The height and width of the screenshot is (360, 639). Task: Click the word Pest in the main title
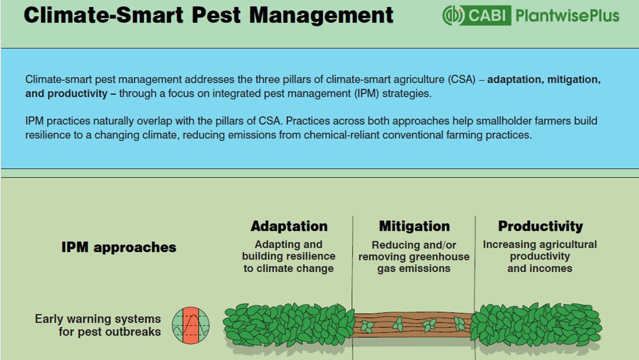click(216, 15)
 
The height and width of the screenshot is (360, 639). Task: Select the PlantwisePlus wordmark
click(567, 16)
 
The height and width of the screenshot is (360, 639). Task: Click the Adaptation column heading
click(289, 226)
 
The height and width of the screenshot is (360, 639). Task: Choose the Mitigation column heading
click(414, 226)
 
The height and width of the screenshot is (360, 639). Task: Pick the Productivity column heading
click(540, 226)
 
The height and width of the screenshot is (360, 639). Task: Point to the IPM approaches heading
click(118, 247)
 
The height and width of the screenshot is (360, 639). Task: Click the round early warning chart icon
click(191, 325)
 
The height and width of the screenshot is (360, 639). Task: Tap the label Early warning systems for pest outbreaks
click(98, 325)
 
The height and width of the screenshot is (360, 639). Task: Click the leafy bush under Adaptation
click(289, 325)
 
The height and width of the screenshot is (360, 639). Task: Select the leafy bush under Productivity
click(536, 325)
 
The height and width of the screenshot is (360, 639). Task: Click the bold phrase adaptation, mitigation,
click(544, 80)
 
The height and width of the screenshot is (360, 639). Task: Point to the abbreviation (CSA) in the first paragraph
click(462, 80)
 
